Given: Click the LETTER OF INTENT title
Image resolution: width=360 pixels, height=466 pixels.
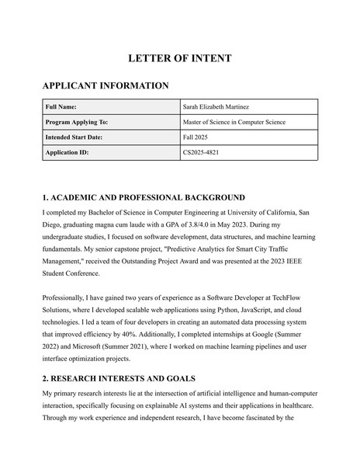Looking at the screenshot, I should pyautogui.click(x=179, y=58).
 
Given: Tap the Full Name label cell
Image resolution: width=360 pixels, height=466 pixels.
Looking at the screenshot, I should pyautogui.click(x=61, y=107).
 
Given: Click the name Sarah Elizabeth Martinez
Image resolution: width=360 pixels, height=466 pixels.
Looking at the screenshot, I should pyautogui.click(x=220, y=107).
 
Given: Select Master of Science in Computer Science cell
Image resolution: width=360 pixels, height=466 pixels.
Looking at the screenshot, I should pyautogui.click(x=234, y=122).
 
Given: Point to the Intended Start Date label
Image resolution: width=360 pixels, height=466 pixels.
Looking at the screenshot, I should pyautogui.click(x=74, y=137).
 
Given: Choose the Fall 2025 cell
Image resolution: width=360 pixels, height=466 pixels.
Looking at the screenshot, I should pyautogui.click(x=196, y=137).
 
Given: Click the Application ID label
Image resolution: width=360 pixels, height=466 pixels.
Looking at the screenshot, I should pyautogui.click(x=67, y=152).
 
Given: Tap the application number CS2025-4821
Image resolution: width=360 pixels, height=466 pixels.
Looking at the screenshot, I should pyautogui.click(x=201, y=152).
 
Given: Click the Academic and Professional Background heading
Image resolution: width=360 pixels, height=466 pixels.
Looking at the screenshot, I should pyautogui.click(x=144, y=197).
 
